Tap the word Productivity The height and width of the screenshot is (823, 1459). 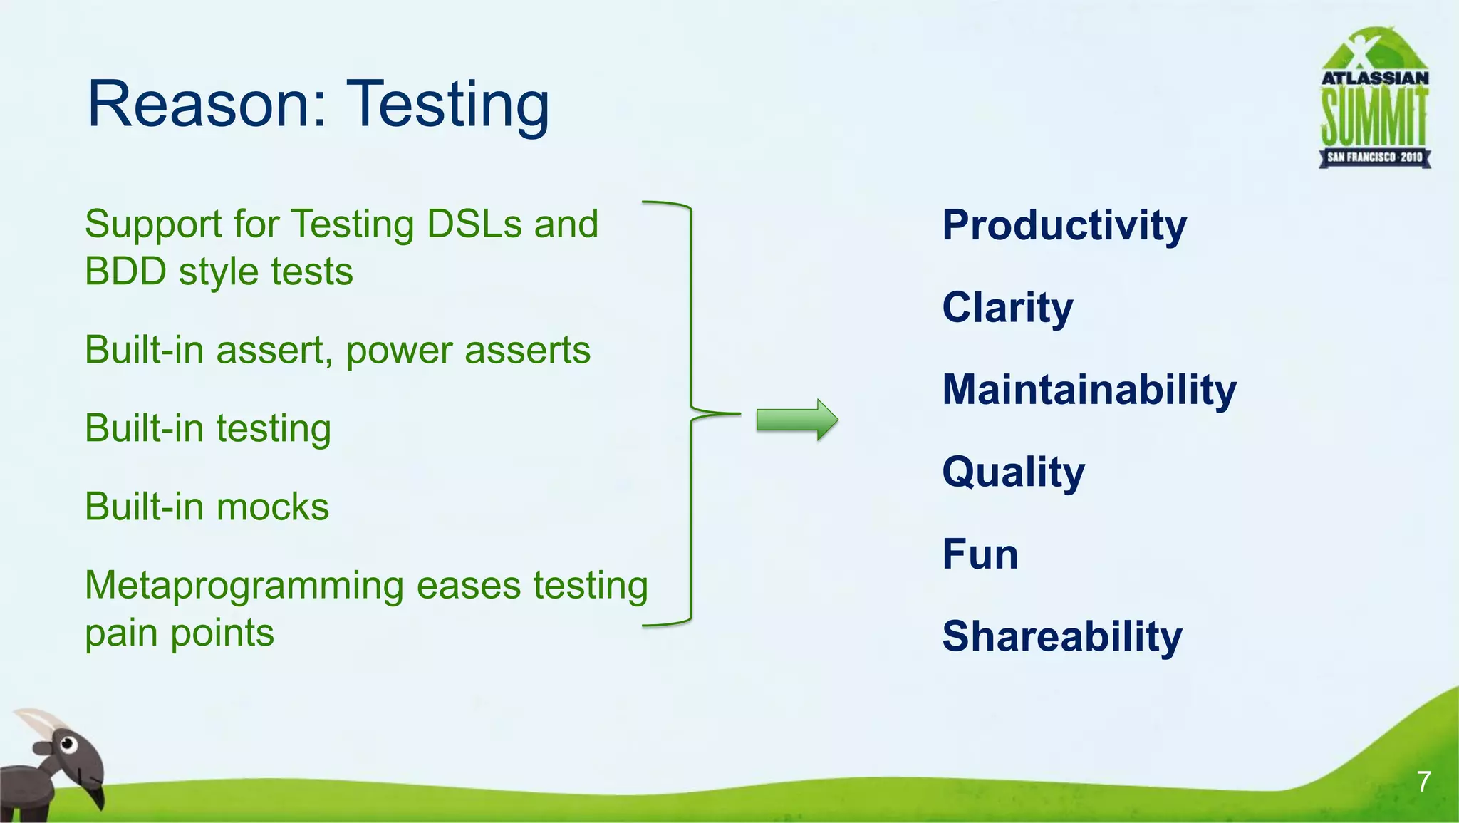click(1064, 226)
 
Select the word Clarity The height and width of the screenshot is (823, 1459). click(1007, 308)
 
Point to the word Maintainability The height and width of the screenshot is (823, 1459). click(1089, 390)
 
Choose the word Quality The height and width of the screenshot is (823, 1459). click(1013, 472)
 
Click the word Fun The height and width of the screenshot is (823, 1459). click(980, 554)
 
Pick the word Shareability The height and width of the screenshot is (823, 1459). click(1061, 636)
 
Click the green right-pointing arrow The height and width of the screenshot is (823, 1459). click(796, 420)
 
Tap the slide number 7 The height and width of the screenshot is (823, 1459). click(1423, 782)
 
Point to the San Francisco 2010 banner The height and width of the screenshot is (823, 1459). click(1374, 157)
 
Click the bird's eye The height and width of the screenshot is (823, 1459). click(68, 745)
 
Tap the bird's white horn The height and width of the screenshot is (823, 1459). click(40, 721)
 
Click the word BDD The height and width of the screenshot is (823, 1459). click(125, 272)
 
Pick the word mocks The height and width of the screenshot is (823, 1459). click(272, 507)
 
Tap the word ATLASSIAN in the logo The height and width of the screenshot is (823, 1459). click(1375, 78)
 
